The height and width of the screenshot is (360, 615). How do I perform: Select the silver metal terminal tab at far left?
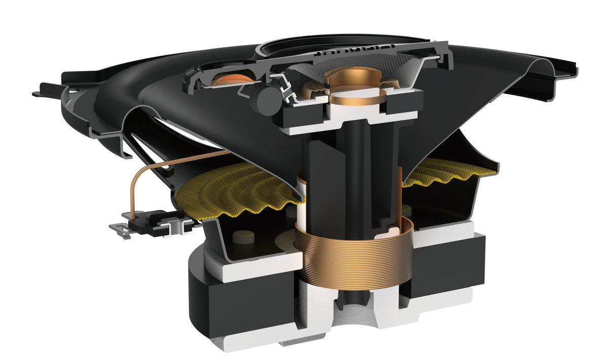[119, 230]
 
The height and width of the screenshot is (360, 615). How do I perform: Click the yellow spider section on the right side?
[446, 172]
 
